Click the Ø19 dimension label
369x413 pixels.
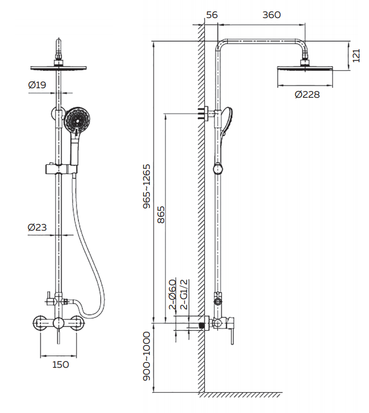37,85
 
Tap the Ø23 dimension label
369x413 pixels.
37,227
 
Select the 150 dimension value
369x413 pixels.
61,365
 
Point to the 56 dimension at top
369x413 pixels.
212,15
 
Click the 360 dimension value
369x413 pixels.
272,15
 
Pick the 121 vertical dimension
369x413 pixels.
356,56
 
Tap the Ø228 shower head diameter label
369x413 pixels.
307,94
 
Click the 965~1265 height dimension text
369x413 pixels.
146,187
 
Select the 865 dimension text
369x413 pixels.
161,215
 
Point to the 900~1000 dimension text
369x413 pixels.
146,356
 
